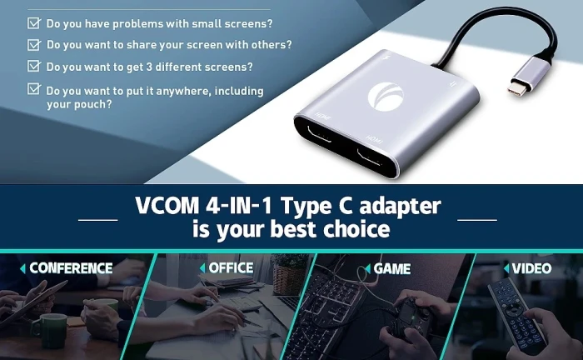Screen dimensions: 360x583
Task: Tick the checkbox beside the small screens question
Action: (34, 23)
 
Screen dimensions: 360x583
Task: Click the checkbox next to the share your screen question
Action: (34, 44)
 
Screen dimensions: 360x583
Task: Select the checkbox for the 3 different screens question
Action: (34, 65)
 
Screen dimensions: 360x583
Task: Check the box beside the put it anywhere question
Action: (34, 88)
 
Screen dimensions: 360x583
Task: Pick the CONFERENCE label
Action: (71, 268)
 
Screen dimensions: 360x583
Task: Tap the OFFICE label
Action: (231, 268)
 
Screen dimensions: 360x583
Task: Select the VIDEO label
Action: (531, 268)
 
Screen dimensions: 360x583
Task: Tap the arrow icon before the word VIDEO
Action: (505, 268)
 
